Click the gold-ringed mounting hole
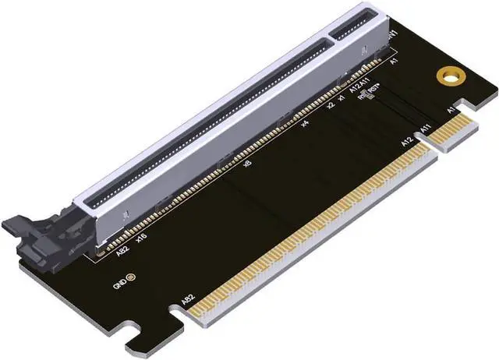(x=448, y=77)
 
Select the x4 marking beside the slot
(x=305, y=123)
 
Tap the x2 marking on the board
(x=331, y=104)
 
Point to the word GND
(x=119, y=285)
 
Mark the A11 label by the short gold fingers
(x=426, y=129)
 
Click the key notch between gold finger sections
(x=421, y=141)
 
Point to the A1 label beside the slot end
(x=395, y=60)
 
